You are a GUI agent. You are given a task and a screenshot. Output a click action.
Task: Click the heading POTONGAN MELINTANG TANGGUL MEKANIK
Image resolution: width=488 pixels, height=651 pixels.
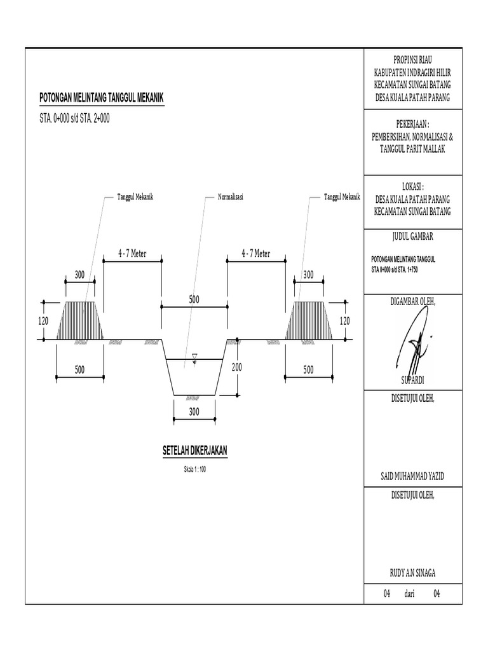coord(102,97)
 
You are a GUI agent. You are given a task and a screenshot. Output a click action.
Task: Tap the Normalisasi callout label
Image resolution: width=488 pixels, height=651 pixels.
coord(231,198)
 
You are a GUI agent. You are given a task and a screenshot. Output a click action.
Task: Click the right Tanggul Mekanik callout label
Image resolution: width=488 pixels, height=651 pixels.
coord(342,198)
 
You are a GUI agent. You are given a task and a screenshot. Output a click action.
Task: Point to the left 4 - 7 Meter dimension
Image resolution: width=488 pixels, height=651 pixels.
coord(132,254)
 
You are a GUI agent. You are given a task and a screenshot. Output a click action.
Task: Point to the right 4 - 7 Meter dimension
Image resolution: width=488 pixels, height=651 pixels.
coord(256,254)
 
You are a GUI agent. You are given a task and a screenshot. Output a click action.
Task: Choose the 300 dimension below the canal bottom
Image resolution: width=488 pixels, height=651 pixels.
coord(194,412)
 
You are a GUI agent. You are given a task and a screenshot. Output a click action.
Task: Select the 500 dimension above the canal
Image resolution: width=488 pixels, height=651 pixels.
coord(194,299)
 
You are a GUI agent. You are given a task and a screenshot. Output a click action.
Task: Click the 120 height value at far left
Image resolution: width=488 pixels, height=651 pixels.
coord(43,322)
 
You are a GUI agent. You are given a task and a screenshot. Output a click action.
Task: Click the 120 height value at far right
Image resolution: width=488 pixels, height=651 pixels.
coord(345,322)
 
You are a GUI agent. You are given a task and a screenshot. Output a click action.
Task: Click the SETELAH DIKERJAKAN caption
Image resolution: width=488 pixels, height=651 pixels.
coord(195,451)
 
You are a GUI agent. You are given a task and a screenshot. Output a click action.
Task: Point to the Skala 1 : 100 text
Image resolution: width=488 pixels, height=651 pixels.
coord(195,469)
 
